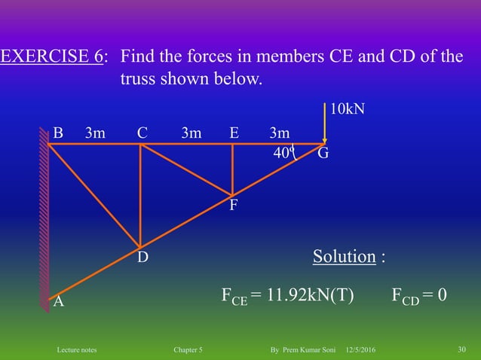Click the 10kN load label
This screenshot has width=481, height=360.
(x=348, y=109)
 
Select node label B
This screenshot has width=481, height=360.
(x=58, y=133)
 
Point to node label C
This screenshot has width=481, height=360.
(x=142, y=133)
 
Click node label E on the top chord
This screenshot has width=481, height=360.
(x=234, y=133)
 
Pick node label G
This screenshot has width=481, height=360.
(x=323, y=154)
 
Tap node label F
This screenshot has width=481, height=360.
(x=234, y=204)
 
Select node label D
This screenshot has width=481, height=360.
(x=142, y=258)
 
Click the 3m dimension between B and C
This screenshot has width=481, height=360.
(x=95, y=133)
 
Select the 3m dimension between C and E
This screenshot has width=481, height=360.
(x=191, y=133)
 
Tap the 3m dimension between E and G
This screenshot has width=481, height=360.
(x=279, y=133)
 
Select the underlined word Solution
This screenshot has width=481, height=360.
(x=345, y=257)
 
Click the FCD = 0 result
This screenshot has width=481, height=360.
(x=419, y=294)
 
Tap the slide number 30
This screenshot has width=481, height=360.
(x=462, y=350)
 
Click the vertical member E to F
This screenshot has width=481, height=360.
(x=232, y=169)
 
